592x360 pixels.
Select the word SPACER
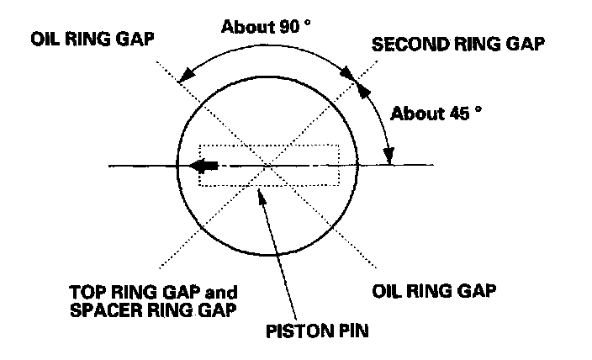100,309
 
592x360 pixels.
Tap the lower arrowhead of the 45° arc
389,157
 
